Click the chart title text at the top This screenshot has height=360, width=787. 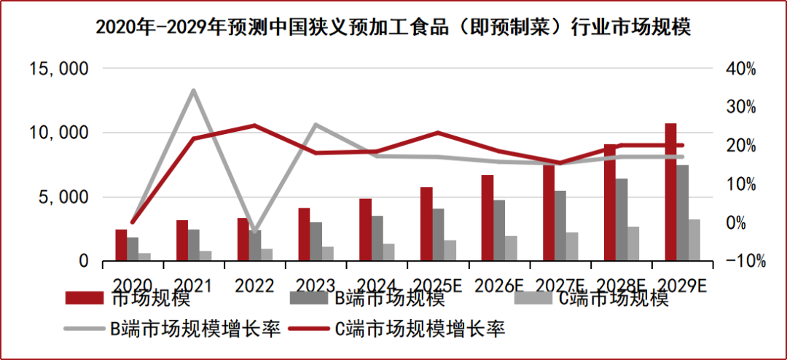(393, 28)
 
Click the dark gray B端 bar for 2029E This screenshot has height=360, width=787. (683, 212)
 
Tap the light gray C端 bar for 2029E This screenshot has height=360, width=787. (694, 240)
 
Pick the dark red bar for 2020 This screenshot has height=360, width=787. (121, 245)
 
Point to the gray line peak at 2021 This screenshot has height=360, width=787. (193, 90)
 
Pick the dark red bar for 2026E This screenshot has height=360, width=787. (488, 218)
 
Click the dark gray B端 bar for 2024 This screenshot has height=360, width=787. (377, 238)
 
